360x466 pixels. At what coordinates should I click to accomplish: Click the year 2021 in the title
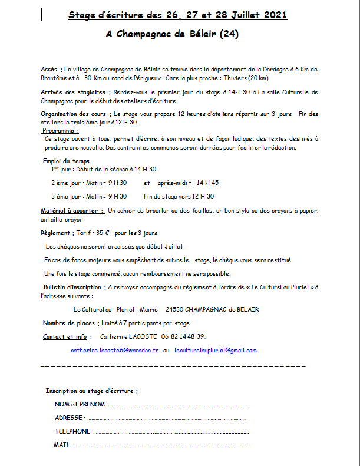pos(271,15)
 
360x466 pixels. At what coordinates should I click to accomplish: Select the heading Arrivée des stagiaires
pos(74,92)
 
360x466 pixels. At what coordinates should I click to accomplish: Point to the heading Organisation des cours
pos(75,114)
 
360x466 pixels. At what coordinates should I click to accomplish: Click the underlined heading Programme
pos(61,130)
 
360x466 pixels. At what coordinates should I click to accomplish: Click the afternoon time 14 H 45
pos(207,183)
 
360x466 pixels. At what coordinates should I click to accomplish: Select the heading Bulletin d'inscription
pos(72,287)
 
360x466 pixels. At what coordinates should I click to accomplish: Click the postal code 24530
pos(174,309)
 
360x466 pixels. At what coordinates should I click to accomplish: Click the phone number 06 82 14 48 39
pos(176,336)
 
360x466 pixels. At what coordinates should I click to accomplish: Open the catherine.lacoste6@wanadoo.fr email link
pos(114,350)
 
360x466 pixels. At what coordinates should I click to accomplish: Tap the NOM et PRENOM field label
pos(80,405)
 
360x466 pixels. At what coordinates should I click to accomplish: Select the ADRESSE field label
pos(69,418)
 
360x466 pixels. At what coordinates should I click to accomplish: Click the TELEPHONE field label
pos(72,431)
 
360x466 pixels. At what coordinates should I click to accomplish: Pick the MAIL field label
pos(61,445)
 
